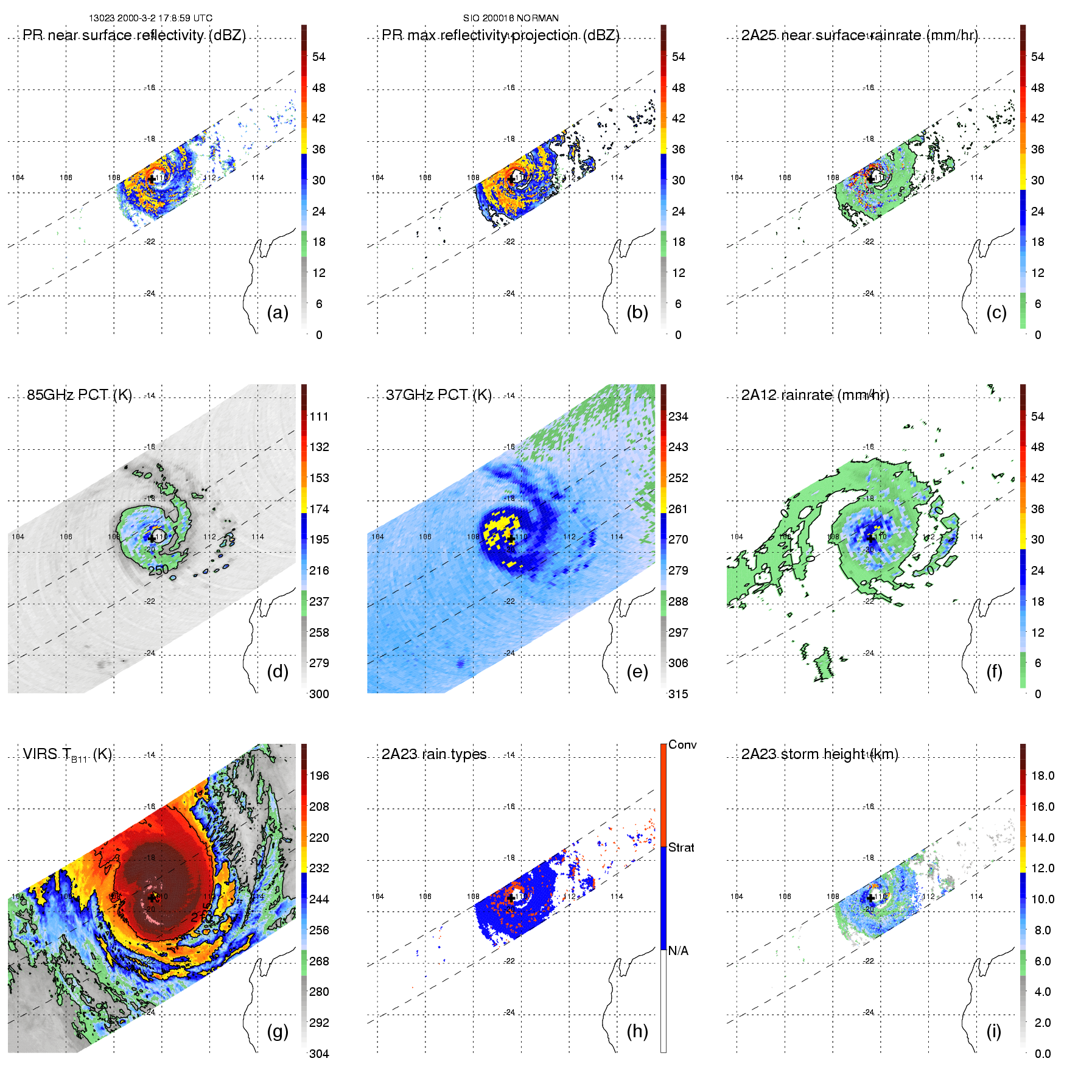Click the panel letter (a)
pyautogui.click(x=278, y=313)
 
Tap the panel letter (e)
pyautogui.click(x=637, y=672)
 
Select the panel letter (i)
pyautogui.click(x=993, y=1032)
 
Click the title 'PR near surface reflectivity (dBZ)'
pyautogui.click(x=134, y=35)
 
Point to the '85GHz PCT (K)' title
pyautogui.click(x=79, y=395)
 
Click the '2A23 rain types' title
pyautogui.click(x=434, y=754)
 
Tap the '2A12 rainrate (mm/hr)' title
pyautogui.click(x=815, y=395)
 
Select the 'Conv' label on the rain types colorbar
pyautogui.click(x=682, y=745)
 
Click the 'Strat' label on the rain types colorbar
pyautogui.click(x=681, y=848)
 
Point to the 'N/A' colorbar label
pyautogui.click(x=678, y=951)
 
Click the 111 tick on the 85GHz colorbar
pyautogui.click(x=319, y=417)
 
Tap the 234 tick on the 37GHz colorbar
pyautogui.click(x=678, y=417)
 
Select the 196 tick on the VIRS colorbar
pyautogui.click(x=319, y=776)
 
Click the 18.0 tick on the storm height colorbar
pyautogui.click(x=1043, y=776)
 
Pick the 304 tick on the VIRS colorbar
pyautogui.click(x=319, y=1054)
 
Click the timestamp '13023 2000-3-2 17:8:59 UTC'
pyautogui.click(x=151, y=18)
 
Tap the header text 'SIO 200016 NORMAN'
pyautogui.click(x=511, y=18)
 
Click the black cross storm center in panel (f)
pyautogui.click(x=871, y=538)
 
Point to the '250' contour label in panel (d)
pyautogui.click(x=158, y=570)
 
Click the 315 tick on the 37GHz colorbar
pyautogui.click(x=678, y=695)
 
